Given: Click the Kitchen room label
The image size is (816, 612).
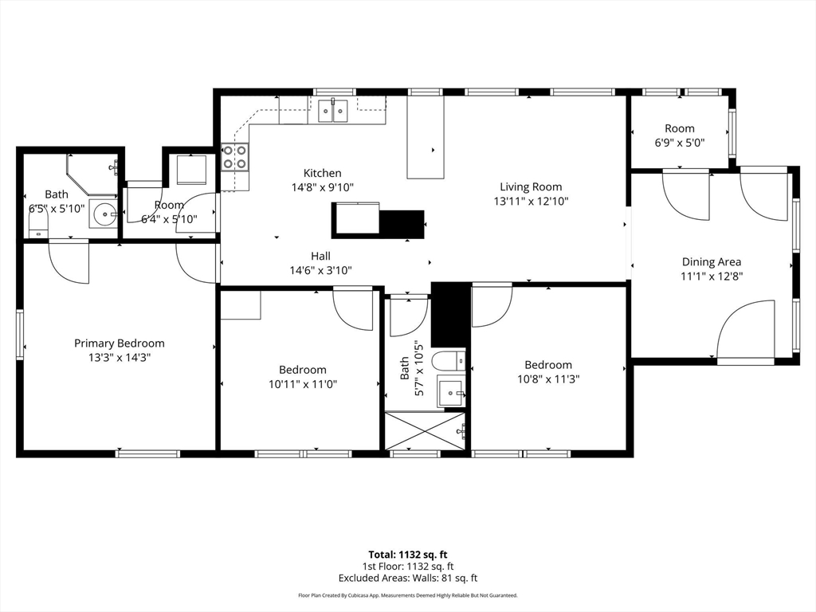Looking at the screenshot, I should point(322,173).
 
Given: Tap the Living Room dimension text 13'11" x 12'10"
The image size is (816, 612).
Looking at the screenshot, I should point(531,202).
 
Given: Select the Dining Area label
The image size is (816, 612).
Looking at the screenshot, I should point(711,261).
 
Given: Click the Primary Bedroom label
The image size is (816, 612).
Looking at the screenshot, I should point(120,343).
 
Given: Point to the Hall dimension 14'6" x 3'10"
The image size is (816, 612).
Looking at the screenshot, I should point(320,270).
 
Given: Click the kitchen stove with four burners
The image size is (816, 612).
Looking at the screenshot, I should point(234,156).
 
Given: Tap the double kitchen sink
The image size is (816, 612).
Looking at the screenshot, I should point(334,111).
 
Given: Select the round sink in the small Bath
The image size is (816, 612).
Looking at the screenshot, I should point(103,214).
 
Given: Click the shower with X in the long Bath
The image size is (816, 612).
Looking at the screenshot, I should point(426,430).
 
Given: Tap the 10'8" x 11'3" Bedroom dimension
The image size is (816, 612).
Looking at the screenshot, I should point(547,379).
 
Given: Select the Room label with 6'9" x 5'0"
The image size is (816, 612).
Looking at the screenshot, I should point(679,128).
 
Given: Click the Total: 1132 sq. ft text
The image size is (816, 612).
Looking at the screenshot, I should point(407,554).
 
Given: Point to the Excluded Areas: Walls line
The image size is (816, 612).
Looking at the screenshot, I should point(407,578).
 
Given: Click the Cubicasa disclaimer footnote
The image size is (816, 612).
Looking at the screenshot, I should point(407,595).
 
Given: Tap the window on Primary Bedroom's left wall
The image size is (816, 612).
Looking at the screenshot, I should point(20,335).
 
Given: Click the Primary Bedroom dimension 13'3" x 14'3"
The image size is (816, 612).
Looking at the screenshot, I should point(120,358).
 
